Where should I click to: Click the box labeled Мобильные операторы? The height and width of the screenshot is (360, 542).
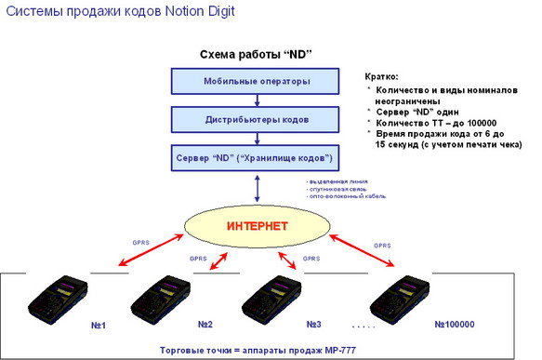tap(256, 81)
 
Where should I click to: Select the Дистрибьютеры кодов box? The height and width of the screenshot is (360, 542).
tap(256, 119)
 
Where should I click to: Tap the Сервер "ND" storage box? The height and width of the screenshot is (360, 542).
tap(256, 157)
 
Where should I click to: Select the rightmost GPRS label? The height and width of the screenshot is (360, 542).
tap(382, 246)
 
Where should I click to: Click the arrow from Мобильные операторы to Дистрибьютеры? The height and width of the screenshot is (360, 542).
tap(256, 100)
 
